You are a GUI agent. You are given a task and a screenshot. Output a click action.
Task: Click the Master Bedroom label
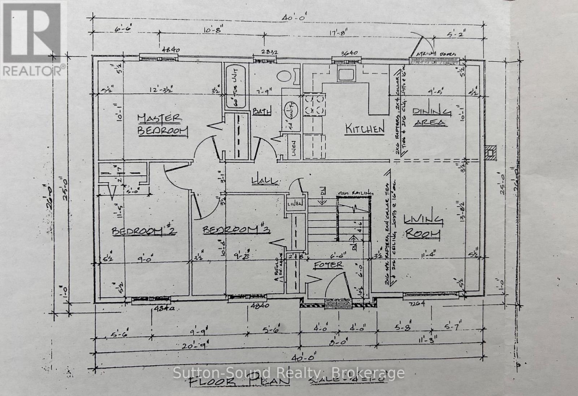point(163,124)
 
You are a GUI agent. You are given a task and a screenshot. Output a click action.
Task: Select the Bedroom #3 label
point(237,229)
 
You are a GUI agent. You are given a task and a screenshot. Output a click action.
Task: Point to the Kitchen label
point(364,129)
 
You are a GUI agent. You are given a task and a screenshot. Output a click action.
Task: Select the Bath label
point(262,111)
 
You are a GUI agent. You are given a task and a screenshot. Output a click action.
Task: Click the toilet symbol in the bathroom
point(285,76)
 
